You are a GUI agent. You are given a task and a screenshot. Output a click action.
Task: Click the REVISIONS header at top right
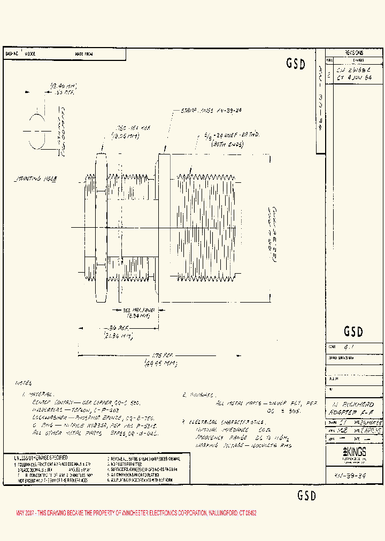pyautogui.click(x=354, y=53)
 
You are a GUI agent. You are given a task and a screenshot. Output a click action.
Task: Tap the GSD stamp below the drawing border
pyautogui.click(x=307, y=496)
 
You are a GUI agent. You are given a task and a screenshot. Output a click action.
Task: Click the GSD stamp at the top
pyautogui.click(x=296, y=64)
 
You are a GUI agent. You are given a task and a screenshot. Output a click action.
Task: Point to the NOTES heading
pyautogui.click(x=25, y=384)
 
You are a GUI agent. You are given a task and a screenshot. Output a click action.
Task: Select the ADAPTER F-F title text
pyautogui.click(x=353, y=413)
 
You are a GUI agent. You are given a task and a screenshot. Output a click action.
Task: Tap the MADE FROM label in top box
pyautogui.click(x=83, y=54)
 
